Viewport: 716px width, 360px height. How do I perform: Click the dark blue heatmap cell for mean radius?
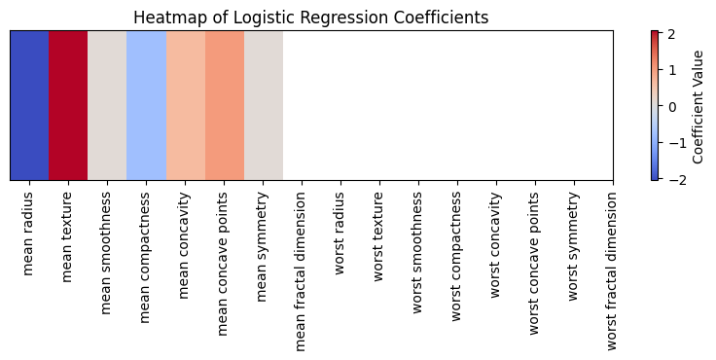coord(29,105)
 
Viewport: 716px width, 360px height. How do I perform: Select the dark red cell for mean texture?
coord(68,105)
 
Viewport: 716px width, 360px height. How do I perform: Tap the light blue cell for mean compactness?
coord(146,105)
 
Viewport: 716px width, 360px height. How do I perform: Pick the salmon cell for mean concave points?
coord(224,105)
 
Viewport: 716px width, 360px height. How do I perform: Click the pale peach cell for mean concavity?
coord(185,105)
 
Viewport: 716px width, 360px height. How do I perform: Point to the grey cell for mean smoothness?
coord(107,105)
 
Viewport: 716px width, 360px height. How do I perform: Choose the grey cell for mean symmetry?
coord(263,105)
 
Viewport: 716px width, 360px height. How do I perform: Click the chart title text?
coord(310,18)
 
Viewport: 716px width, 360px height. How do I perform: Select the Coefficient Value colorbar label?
coord(698,105)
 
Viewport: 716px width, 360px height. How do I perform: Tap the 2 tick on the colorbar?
coord(672,34)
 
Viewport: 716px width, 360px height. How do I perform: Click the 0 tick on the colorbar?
coord(672,106)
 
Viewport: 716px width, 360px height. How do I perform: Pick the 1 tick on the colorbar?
coord(672,70)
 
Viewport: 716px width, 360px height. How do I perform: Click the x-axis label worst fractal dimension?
coord(613,270)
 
